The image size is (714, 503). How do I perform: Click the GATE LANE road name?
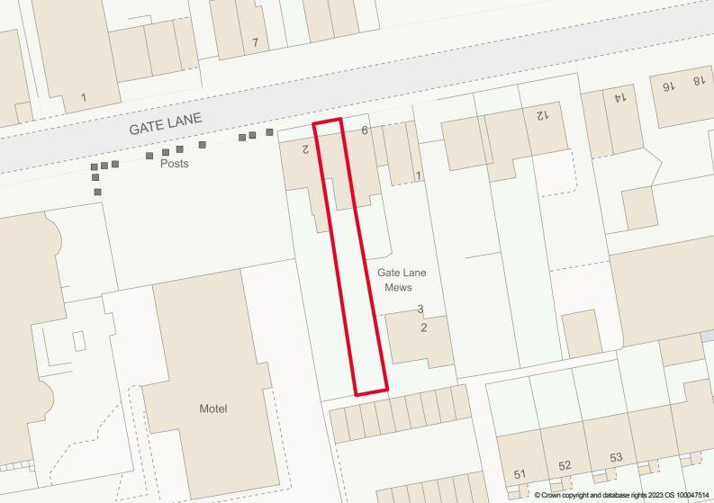166,124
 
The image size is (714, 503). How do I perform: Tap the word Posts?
175,165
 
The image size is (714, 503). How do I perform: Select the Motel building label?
213,409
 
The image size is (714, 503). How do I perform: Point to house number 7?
255,42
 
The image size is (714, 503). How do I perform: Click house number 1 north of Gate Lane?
83,97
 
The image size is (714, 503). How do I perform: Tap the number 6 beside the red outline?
365,130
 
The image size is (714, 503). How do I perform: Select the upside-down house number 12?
541,115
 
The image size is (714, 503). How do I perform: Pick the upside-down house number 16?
667,86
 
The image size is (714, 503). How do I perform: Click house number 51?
520,474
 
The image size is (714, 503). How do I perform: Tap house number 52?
565,466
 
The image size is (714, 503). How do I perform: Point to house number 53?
616,458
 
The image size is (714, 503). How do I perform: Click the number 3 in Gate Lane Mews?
420,310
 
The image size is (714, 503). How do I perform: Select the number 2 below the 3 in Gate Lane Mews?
424,328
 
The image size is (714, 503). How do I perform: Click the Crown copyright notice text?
621,496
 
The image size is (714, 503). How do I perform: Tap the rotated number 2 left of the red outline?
305,149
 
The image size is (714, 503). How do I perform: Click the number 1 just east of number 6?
418,175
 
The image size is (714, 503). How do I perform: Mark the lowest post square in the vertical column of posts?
97,192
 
